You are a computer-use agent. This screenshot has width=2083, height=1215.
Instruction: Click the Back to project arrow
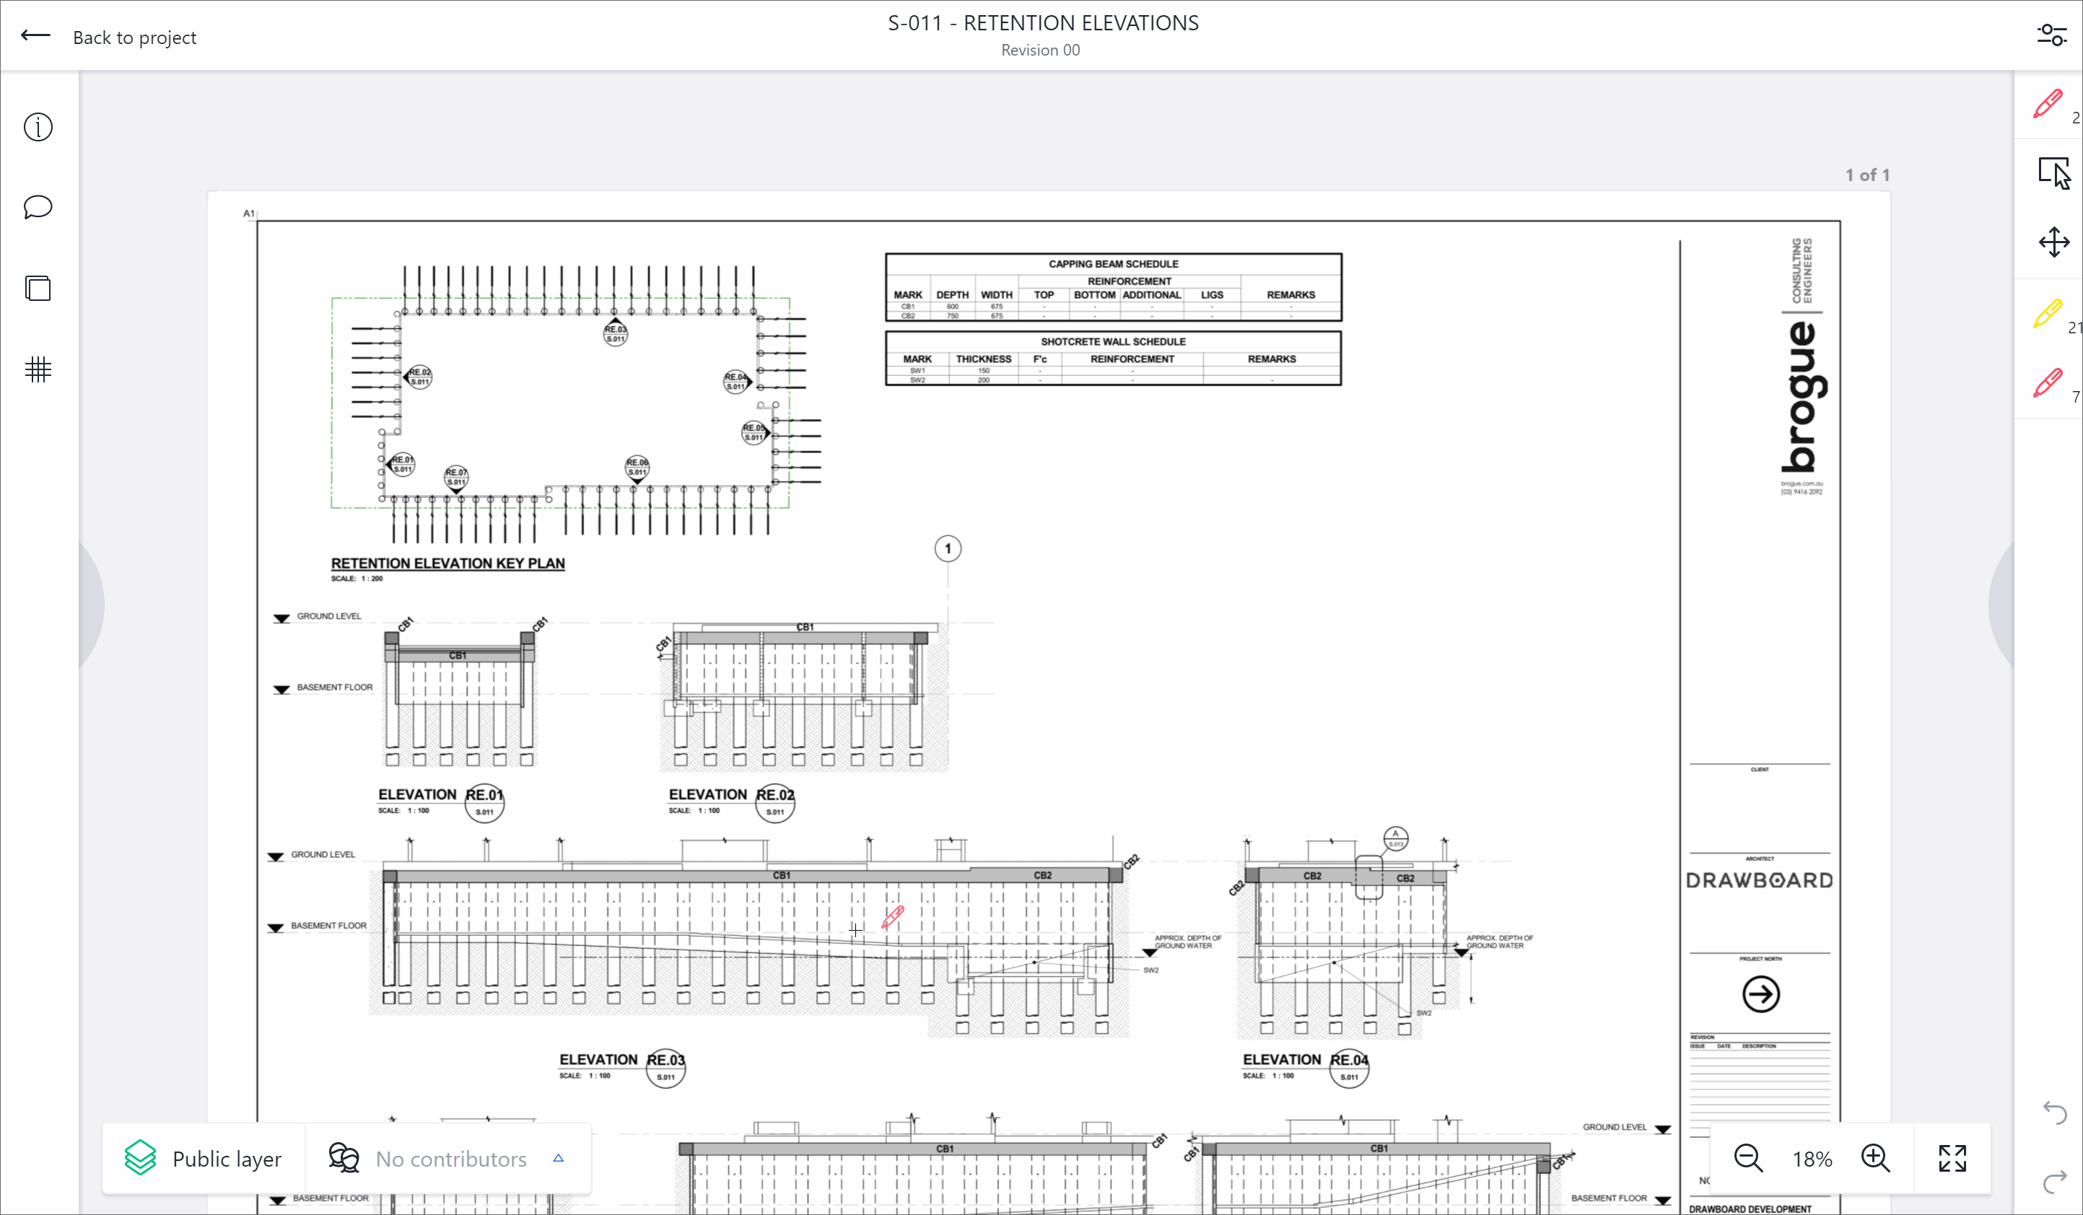[x=35, y=35]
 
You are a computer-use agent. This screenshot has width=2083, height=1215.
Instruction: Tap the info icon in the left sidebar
[x=38, y=127]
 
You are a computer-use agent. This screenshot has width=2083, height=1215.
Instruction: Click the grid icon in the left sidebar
[x=38, y=369]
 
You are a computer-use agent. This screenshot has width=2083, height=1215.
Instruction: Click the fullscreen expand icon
[x=1952, y=1158]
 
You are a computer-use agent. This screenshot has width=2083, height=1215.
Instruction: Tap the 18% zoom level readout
[x=1812, y=1159]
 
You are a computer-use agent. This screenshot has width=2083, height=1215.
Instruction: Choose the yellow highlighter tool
[x=2048, y=314]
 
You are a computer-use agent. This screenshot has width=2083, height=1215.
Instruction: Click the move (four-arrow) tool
[x=2054, y=243]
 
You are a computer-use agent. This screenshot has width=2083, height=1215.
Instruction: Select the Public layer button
[x=204, y=1158]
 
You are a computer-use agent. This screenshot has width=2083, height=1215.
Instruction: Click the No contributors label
[x=450, y=1159]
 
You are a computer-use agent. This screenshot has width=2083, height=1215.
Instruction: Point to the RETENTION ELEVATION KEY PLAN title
[x=448, y=563]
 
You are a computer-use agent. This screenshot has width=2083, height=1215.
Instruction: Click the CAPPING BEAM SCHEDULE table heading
[x=1114, y=263]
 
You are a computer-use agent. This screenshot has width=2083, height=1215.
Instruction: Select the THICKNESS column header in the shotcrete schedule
[x=984, y=359]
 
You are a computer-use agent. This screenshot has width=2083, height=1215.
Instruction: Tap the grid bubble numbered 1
[x=948, y=549]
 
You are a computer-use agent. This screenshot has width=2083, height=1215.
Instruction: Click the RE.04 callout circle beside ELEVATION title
[x=1349, y=1068]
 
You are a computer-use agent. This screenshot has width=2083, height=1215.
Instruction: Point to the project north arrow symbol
[x=1760, y=994]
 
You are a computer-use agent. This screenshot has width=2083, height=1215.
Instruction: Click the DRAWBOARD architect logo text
[x=1760, y=880]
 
